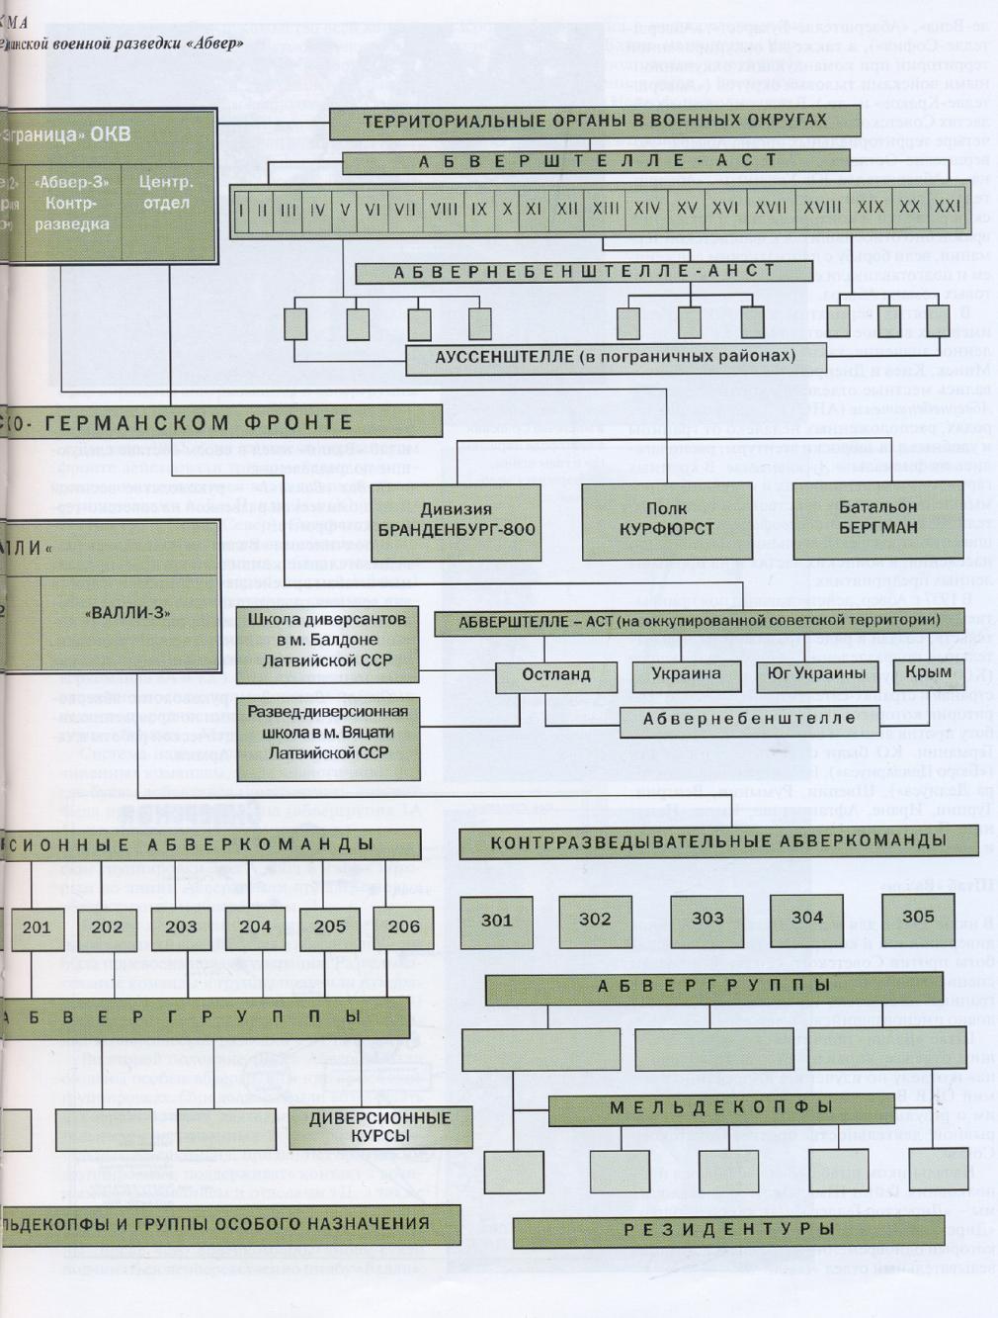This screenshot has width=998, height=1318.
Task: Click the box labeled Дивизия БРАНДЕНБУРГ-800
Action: [x=456, y=520]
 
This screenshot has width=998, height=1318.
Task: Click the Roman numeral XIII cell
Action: [x=605, y=209]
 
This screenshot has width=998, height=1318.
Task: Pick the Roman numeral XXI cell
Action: [x=947, y=207]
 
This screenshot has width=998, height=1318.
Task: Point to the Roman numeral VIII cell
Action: [x=444, y=210]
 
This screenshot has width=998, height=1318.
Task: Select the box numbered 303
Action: [x=707, y=919]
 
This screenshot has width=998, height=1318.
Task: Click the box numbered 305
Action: [x=917, y=917]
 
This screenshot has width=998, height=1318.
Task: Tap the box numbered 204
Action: [x=255, y=927]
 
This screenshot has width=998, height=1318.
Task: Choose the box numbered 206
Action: [x=403, y=927]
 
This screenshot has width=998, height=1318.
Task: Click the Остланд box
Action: [x=556, y=674]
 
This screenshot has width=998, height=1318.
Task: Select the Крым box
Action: [x=927, y=672]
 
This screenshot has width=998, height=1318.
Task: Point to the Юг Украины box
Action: [x=816, y=674]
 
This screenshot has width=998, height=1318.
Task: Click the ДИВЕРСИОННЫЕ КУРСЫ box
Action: [x=378, y=1127]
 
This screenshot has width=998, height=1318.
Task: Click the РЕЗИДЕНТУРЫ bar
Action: [x=728, y=1230]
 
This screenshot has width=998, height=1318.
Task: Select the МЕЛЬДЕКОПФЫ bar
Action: [x=720, y=1108]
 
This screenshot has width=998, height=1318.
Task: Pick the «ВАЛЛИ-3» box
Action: [x=128, y=613]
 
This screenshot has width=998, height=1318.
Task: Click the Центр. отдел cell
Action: [x=166, y=194]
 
